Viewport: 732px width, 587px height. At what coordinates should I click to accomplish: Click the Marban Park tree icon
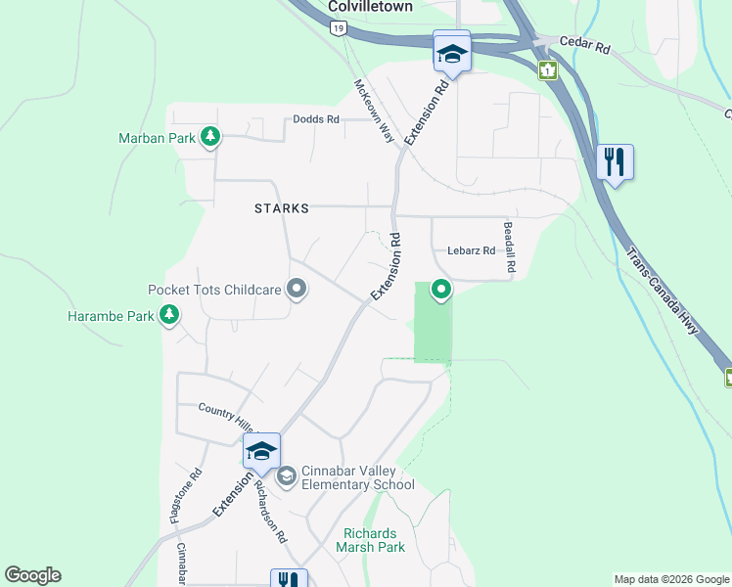pyautogui.click(x=209, y=138)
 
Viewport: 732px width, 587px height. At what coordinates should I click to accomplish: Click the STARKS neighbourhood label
pyautogui.click(x=282, y=208)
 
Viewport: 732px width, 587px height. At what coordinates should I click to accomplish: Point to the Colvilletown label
pyautogui.click(x=370, y=6)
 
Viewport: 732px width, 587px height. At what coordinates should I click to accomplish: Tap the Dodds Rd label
pyautogui.click(x=315, y=120)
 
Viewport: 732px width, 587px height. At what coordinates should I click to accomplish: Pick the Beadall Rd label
pyautogui.click(x=509, y=247)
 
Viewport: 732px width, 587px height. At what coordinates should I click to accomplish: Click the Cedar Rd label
pyautogui.click(x=584, y=46)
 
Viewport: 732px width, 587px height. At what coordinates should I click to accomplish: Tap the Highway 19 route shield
pyautogui.click(x=338, y=30)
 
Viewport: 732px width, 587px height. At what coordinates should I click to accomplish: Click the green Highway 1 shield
pyautogui.click(x=547, y=69)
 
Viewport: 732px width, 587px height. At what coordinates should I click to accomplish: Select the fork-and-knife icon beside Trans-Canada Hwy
pyautogui.click(x=615, y=160)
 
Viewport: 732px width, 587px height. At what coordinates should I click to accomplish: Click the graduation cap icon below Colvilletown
pyautogui.click(x=452, y=53)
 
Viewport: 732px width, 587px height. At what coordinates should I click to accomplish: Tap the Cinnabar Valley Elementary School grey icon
pyautogui.click(x=287, y=476)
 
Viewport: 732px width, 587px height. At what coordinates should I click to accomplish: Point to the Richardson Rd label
pyautogui.click(x=270, y=512)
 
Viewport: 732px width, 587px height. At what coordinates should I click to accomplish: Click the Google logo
pyautogui.click(x=33, y=575)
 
